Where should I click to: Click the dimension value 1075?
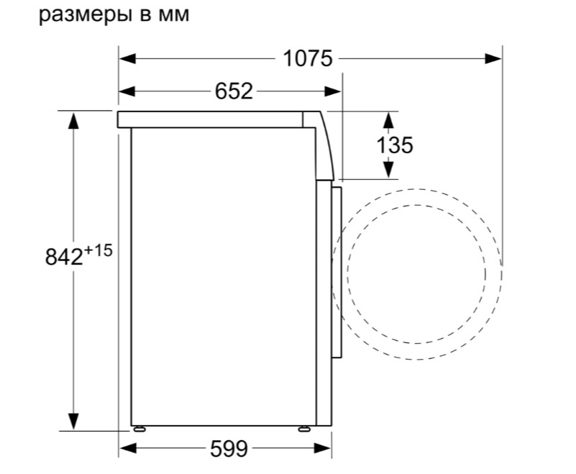tap(308, 58)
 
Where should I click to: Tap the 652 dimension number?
tap(234, 91)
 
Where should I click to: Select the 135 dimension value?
tap(395, 145)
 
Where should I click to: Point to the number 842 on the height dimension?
tap(64, 257)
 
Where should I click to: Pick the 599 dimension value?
tap(229, 449)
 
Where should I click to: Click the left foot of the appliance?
tap(140, 429)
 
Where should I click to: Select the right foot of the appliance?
tap(304, 429)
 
